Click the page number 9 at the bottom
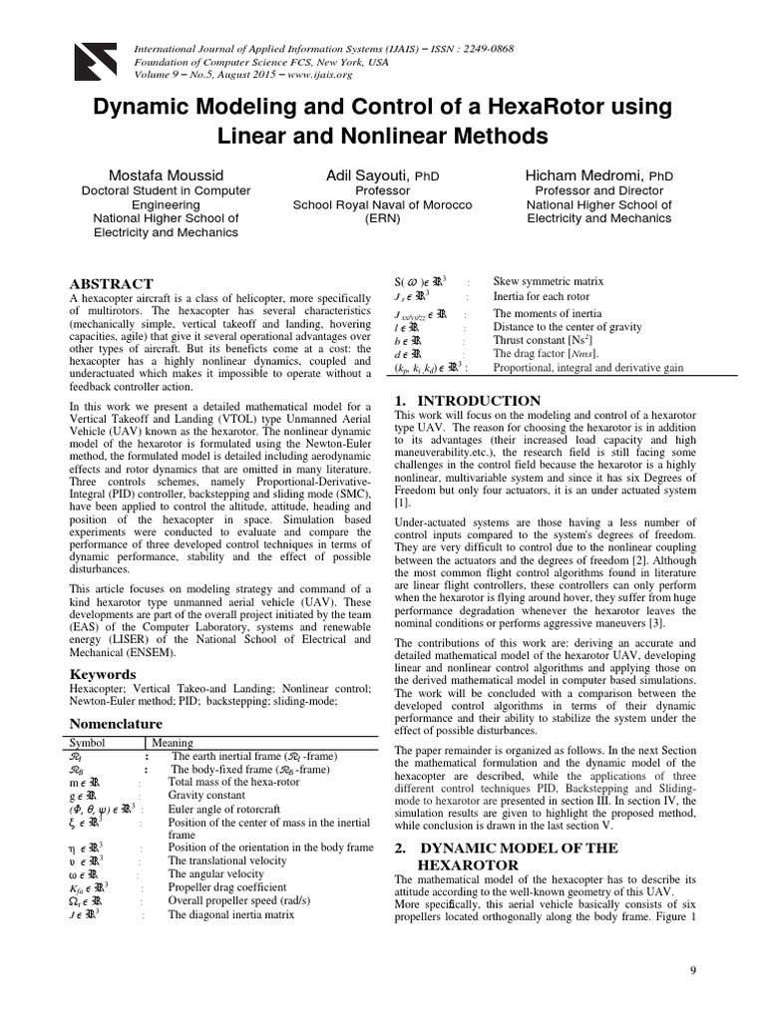click(x=694, y=971)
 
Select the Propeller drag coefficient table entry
click(x=228, y=886)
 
